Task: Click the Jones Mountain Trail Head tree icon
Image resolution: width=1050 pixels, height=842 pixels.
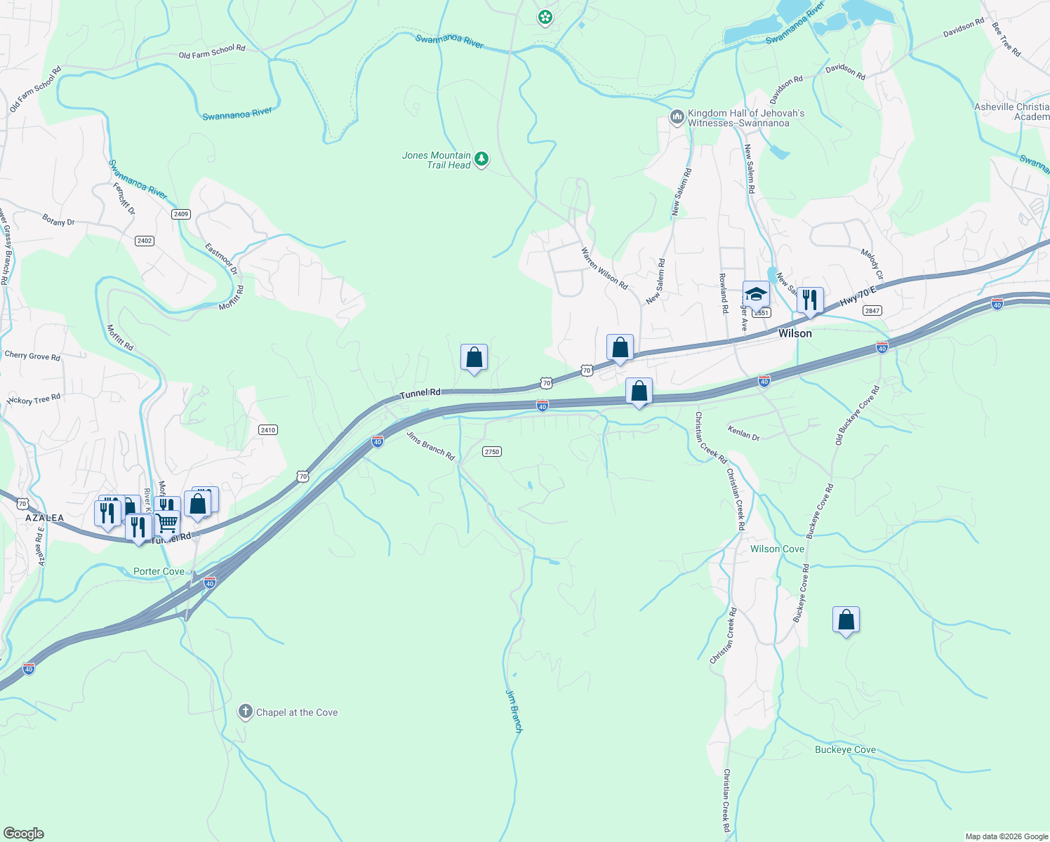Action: click(x=481, y=159)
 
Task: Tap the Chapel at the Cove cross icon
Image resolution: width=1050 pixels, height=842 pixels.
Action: click(x=245, y=712)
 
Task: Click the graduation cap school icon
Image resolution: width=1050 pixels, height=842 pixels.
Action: click(x=756, y=294)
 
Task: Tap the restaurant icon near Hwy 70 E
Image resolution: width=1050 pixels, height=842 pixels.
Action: click(x=810, y=300)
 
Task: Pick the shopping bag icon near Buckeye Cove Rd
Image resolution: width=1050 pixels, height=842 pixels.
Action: click(x=846, y=620)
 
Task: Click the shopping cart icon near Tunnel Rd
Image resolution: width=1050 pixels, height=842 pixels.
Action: click(x=166, y=522)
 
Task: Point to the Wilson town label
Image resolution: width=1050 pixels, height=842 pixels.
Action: click(x=795, y=333)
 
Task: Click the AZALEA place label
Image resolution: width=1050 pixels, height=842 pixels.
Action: click(x=44, y=518)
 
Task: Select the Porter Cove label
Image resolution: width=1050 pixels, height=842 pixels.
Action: click(x=159, y=571)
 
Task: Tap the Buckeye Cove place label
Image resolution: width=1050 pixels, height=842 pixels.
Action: click(x=845, y=749)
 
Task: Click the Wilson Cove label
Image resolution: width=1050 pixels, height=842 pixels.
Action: click(x=777, y=549)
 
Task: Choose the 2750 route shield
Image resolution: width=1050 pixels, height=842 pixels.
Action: click(x=491, y=451)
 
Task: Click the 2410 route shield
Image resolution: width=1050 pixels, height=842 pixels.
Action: click(x=267, y=429)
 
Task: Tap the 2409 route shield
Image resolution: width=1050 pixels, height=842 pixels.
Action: click(x=180, y=214)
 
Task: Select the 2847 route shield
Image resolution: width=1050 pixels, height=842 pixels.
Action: click(x=872, y=311)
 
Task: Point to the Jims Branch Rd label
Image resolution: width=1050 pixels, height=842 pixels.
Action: click(x=430, y=446)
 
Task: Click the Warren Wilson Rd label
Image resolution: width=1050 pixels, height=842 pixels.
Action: click(x=604, y=268)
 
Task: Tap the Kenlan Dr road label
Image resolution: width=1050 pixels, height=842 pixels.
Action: click(x=743, y=433)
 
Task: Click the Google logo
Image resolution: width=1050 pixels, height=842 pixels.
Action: click(x=23, y=834)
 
